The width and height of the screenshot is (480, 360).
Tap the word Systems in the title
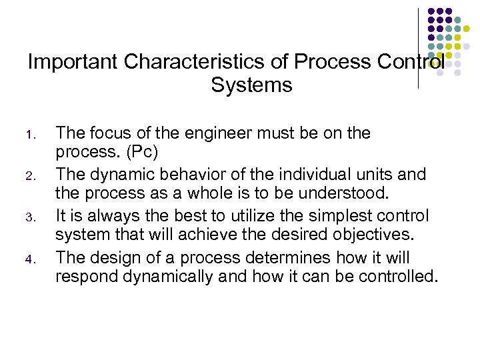(x=251, y=86)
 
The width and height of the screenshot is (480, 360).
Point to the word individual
(x=315, y=175)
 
